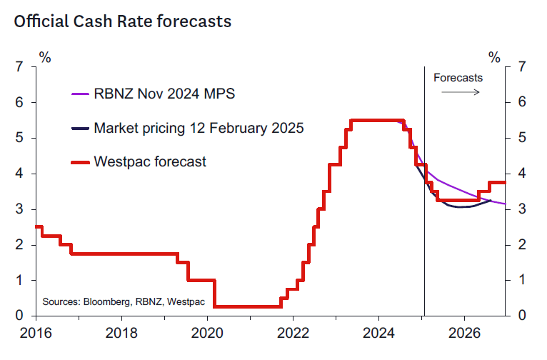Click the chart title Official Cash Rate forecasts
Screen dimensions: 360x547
(122, 21)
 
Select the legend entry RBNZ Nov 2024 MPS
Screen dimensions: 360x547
(164, 94)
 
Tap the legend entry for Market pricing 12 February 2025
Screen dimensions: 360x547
(199, 129)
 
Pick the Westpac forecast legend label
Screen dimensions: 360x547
(150, 161)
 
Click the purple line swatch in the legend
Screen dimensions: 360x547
(79, 94)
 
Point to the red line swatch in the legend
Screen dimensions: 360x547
(79, 162)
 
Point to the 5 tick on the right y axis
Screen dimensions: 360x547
(522, 138)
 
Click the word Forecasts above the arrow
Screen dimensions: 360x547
(458, 77)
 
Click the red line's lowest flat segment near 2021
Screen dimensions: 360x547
(246, 306)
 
